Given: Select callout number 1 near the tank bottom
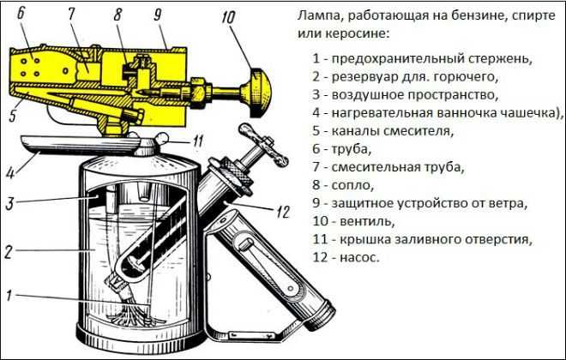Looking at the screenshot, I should pos(9,296).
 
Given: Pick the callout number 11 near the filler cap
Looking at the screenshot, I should pos(196,141).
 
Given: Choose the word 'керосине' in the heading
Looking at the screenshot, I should pos(339,35).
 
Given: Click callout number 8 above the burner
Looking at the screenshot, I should pos(117,15).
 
